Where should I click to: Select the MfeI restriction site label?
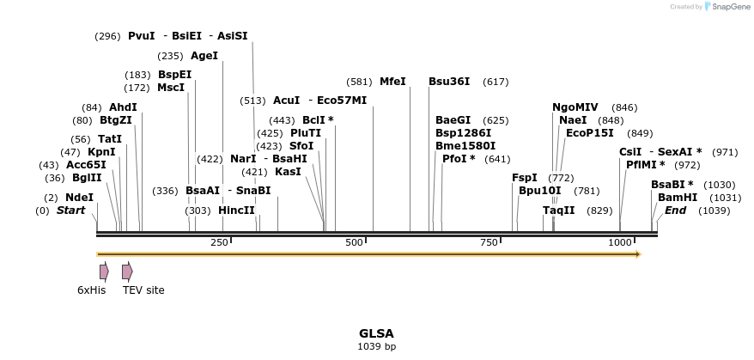click(x=392, y=82)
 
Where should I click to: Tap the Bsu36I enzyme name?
click(x=449, y=82)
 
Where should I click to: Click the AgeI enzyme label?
click(x=204, y=56)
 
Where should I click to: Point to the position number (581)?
click(x=359, y=82)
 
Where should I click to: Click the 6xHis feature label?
click(x=91, y=290)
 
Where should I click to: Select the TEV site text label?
click(x=143, y=290)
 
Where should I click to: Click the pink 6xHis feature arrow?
click(x=104, y=272)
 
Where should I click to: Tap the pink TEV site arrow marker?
click(x=127, y=272)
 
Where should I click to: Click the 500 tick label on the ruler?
click(x=355, y=243)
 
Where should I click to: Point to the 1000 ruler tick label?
click(x=620, y=243)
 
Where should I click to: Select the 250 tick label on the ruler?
click(x=219, y=243)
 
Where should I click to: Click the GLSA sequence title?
click(x=376, y=333)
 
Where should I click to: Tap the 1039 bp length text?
click(x=376, y=347)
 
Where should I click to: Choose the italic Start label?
click(x=71, y=211)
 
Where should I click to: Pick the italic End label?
click(x=676, y=211)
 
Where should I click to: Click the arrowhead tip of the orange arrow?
click(x=639, y=254)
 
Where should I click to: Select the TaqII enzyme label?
click(x=558, y=211)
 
